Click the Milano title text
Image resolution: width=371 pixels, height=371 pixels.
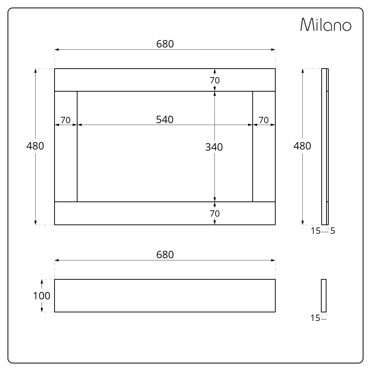[325, 25]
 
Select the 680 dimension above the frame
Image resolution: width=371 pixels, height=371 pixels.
[165, 44]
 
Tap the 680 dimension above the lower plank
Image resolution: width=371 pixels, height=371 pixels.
[165, 255]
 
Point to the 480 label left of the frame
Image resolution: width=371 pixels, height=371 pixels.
[35, 146]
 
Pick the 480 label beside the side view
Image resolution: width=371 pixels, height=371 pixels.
[302, 146]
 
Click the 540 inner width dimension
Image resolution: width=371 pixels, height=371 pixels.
[165, 119]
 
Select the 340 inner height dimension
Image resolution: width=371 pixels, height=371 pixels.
[214, 147]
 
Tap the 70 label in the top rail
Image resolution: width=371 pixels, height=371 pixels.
[215, 80]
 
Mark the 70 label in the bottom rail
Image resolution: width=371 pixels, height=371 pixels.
[215, 214]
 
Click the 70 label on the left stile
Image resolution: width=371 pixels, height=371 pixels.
[66, 120]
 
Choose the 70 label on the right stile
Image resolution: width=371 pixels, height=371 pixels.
[263, 120]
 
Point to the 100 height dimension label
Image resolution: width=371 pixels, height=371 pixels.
[42, 296]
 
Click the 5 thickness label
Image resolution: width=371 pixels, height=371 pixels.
[332, 231]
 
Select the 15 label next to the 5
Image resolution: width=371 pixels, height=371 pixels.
[316, 231]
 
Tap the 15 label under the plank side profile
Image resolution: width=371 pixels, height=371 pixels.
[316, 318]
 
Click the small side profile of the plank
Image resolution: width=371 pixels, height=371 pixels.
[324, 295]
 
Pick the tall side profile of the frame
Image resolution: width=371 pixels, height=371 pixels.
[325, 147]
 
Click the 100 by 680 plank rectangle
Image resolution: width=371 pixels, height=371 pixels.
[165, 296]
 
